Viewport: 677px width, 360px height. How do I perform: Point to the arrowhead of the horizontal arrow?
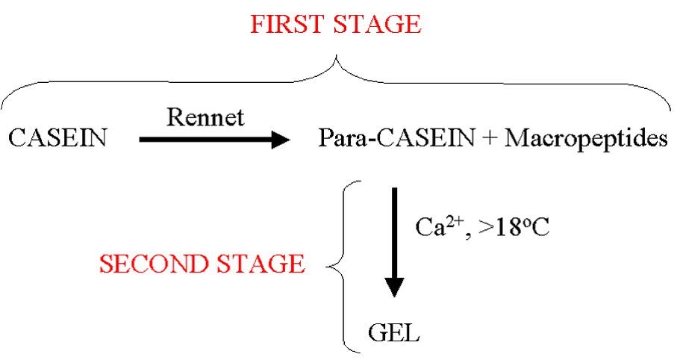click(281, 139)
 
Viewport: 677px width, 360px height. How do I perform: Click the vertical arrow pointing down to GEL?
click(395, 239)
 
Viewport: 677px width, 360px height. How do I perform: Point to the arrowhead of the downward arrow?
click(395, 287)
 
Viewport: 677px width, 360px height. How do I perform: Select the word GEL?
click(394, 331)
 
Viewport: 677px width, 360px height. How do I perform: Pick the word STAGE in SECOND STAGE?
click(263, 264)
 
